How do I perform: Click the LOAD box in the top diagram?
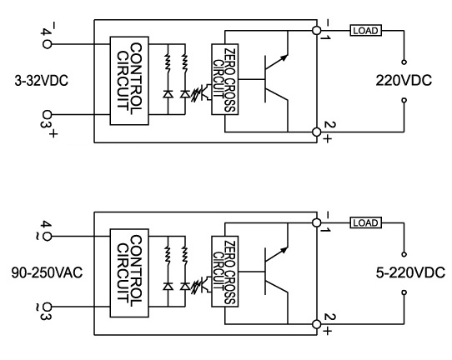click(366, 30)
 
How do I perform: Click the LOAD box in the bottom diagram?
click(366, 222)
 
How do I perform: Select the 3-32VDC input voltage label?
click(42, 80)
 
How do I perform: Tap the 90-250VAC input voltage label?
click(47, 272)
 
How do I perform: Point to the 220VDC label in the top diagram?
click(404, 80)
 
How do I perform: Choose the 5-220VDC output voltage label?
click(410, 272)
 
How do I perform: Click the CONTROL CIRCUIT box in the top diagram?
click(129, 81)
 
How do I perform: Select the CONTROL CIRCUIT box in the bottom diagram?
click(129, 273)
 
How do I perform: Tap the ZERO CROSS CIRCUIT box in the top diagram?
click(225, 79)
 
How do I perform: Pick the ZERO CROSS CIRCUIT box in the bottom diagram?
click(225, 272)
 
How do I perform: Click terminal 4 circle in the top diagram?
click(47, 44)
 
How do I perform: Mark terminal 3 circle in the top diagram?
click(47, 115)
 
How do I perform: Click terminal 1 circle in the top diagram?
click(317, 30)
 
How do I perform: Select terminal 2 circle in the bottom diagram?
click(317, 324)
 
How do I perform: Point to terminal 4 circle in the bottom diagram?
click(47, 237)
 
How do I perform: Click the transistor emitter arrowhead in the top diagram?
click(284, 57)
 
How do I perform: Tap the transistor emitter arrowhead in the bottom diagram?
click(284, 250)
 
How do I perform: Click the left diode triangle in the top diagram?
click(168, 94)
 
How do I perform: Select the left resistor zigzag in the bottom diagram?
click(168, 253)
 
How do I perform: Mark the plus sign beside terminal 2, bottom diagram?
click(327, 331)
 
